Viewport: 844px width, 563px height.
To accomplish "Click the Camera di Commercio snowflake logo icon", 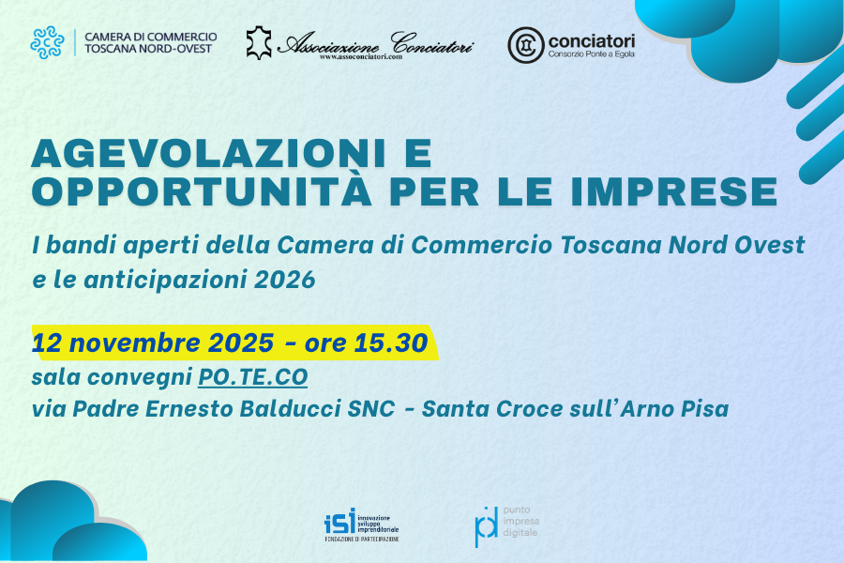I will point(47,42).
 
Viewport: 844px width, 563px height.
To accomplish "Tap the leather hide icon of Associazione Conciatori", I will point(260,42).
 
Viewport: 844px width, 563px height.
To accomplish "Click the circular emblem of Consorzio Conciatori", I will point(525,44).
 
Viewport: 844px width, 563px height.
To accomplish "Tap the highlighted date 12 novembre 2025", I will point(154,342).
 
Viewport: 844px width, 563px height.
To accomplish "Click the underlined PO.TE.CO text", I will point(252,377).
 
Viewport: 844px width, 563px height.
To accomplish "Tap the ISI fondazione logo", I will point(361,525).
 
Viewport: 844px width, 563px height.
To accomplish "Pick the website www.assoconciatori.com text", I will point(360,57).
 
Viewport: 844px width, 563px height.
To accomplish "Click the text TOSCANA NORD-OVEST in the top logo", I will point(148,49).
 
